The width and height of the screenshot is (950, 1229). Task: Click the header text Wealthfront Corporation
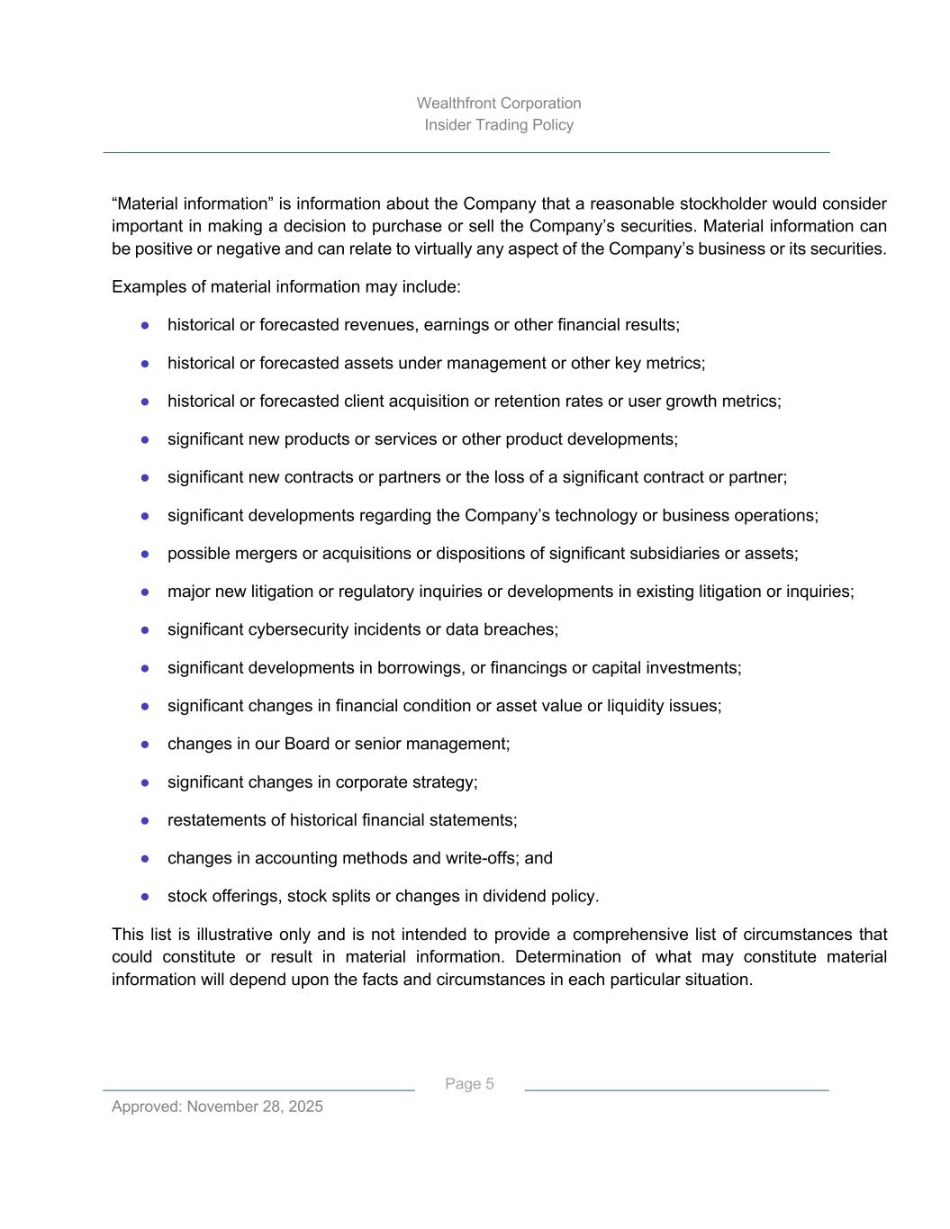click(x=499, y=104)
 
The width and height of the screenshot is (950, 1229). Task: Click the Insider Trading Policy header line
click(x=499, y=125)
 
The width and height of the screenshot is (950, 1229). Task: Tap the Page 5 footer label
click(x=469, y=1084)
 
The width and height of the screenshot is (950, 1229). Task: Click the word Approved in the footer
click(x=146, y=1107)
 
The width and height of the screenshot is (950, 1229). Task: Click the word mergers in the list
click(x=255, y=554)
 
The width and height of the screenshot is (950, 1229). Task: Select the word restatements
click(x=210, y=820)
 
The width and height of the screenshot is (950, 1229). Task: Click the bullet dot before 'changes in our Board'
click(x=145, y=745)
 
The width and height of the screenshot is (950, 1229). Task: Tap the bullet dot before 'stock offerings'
click(x=145, y=897)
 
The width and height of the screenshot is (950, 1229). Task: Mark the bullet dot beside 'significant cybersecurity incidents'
click(x=145, y=630)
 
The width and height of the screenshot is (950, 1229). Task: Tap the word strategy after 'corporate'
click(x=444, y=782)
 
